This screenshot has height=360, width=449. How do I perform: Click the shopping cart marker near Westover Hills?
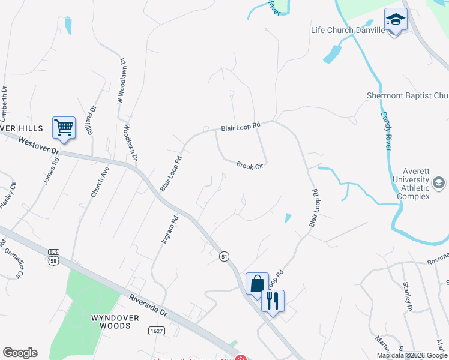click(64, 127)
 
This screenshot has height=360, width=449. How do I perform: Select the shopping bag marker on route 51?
click(257, 284)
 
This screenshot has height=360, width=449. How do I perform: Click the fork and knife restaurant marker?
click(273, 301)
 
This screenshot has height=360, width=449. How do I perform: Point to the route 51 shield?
click(224, 256)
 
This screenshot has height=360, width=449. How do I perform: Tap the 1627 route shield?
click(156, 331)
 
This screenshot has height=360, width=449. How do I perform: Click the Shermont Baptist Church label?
click(408, 95)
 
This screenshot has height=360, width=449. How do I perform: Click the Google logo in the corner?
click(20, 353)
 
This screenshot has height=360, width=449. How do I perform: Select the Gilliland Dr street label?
click(91, 120)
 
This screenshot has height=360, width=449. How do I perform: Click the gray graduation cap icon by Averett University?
click(439, 182)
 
